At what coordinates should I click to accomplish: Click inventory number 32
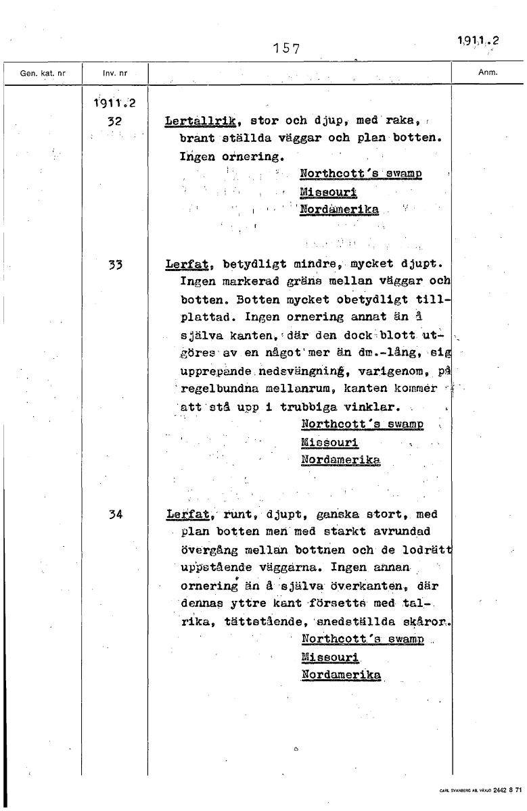[114, 122]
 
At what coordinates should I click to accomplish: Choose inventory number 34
[114, 514]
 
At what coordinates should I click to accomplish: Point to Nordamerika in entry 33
[340, 460]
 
